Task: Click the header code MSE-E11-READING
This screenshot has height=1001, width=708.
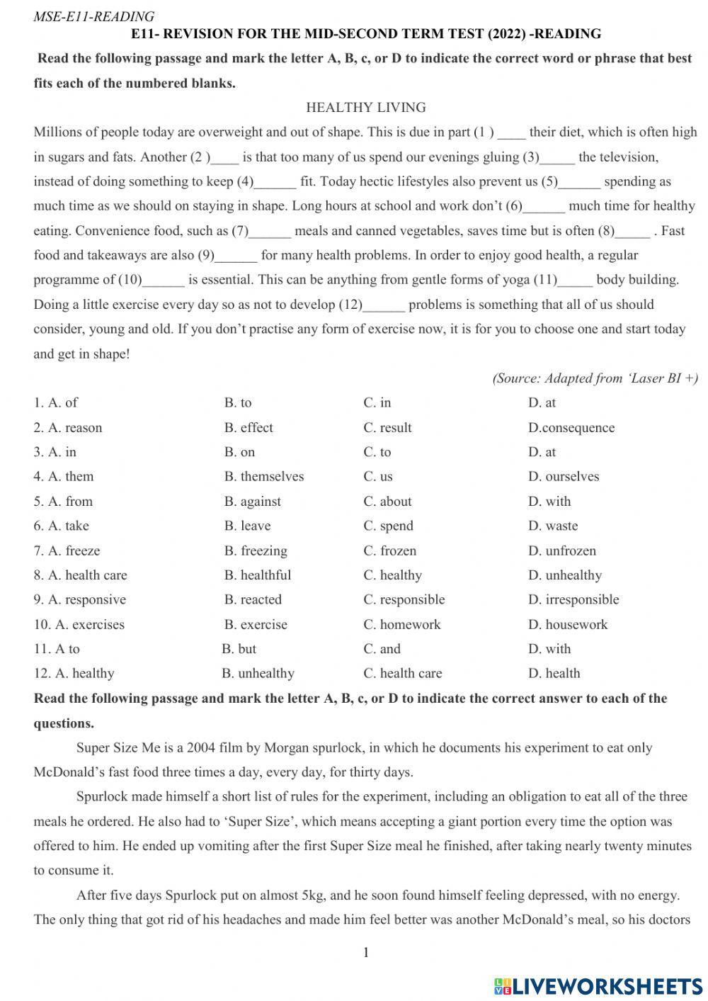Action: tap(93, 16)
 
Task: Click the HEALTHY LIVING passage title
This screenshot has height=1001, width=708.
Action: tap(365, 108)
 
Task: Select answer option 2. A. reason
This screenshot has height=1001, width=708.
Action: tap(68, 427)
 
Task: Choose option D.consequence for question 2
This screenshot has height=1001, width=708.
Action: tap(571, 427)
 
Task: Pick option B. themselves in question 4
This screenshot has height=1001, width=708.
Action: tap(263, 476)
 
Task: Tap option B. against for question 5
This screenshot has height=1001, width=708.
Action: tap(252, 501)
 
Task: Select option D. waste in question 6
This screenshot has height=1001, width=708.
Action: tap(552, 526)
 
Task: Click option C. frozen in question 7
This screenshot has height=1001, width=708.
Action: tap(389, 550)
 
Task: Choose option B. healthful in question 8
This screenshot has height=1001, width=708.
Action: tap(257, 575)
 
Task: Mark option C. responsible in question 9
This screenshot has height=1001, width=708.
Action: tap(404, 599)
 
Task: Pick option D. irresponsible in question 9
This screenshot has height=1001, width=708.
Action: tap(573, 599)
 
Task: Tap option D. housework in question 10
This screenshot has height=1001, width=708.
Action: tap(567, 624)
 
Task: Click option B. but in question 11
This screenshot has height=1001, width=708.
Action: tap(239, 648)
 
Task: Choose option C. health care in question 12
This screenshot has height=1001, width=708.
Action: tap(402, 673)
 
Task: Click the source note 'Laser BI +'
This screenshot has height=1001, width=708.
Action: tap(595, 378)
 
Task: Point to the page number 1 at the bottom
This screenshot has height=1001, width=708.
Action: tap(366, 952)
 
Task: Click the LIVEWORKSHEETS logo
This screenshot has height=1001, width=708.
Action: tap(598, 985)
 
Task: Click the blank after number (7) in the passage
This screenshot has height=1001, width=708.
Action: tap(270, 232)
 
